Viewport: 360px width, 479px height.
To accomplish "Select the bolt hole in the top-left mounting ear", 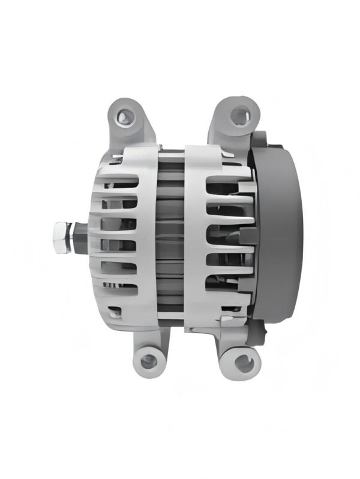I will coord(123,115).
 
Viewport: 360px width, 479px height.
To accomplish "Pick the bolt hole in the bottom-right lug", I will coord(242,361).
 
